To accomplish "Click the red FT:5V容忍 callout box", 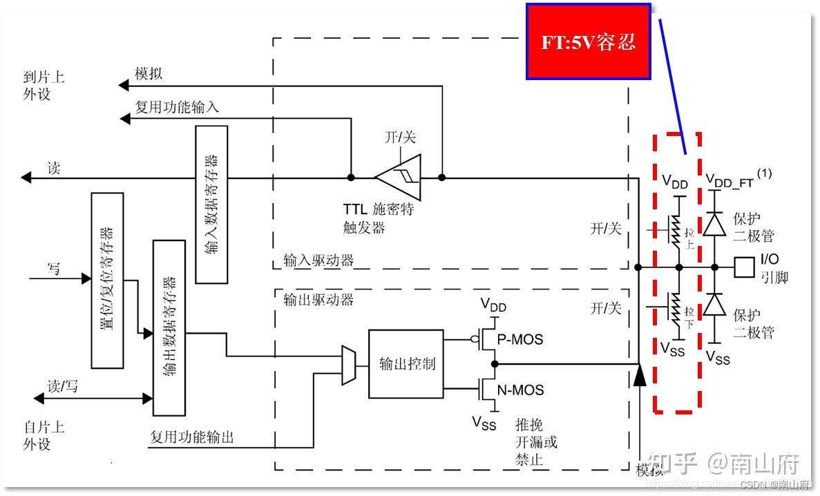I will pyautogui.click(x=589, y=41).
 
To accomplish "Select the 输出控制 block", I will pyautogui.click(x=406, y=363).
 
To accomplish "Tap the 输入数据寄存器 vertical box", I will pyautogui.click(x=211, y=204).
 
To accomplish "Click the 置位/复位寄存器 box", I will pyautogui.click(x=107, y=280).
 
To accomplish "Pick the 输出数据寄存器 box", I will pyautogui.click(x=169, y=327).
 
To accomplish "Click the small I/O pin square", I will pyautogui.click(x=744, y=267).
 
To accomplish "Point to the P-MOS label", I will pyautogui.click(x=521, y=339).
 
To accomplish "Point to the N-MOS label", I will pyautogui.click(x=521, y=390).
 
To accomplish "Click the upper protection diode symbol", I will pyautogui.click(x=714, y=224).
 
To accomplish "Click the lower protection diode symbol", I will pyautogui.click(x=714, y=304).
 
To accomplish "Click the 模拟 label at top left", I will pyautogui.click(x=149, y=74).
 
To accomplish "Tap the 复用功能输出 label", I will pyautogui.click(x=192, y=437).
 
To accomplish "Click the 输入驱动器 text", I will pyautogui.click(x=318, y=260).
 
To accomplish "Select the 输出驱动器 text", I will pyautogui.click(x=318, y=300).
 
